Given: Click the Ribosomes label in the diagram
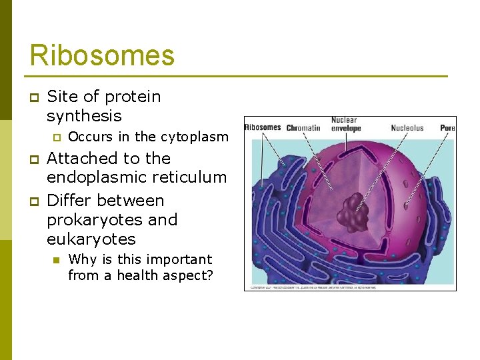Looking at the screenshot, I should click(263, 127).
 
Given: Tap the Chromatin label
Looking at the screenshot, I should click(303, 128).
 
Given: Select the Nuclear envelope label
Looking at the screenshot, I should click(345, 125).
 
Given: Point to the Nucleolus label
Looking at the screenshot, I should click(407, 128).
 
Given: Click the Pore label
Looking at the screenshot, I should click(447, 128).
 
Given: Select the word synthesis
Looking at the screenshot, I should click(84, 116).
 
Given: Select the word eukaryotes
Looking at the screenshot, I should click(91, 239).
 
